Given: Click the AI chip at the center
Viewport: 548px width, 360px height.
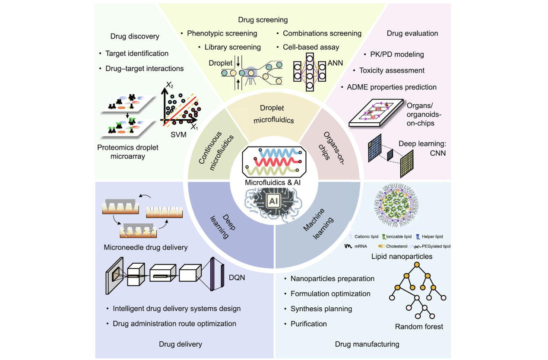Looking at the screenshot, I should pos(273,201).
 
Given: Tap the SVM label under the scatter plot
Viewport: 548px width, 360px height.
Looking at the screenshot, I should pos(178,134).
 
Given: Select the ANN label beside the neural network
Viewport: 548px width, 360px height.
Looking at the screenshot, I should pos(335,63).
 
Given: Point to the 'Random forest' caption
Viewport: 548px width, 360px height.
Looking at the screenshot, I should pos(419,326).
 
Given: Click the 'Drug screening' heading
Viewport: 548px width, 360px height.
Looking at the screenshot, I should pos(263,20).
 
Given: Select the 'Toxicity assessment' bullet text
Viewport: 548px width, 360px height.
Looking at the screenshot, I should pos(392,70).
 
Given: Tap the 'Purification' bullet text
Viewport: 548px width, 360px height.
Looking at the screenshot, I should pos(308,324).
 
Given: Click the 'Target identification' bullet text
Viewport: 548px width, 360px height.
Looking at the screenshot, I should pos(137,54).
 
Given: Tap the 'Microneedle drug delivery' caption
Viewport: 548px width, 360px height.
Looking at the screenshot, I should pos(146,248).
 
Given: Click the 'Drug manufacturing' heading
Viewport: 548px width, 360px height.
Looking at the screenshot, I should pos(367,344).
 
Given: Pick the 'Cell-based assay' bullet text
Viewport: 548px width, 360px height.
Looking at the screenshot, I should pos(311,47).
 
